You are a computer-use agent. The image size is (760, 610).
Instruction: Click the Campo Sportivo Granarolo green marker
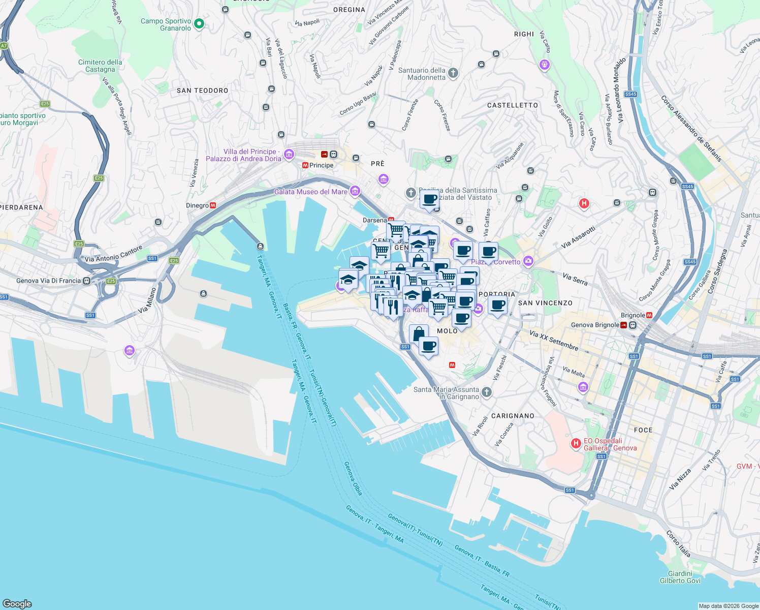pyautogui.click(x=199, y=24)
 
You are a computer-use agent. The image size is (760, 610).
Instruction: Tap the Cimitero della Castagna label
pyautogui.click(x=100, y=66)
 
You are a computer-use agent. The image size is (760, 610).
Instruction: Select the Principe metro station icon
pyautogui.click(x=305, y=165)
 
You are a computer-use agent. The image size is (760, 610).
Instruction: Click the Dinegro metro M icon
pyautogui.click(x=213, y=205)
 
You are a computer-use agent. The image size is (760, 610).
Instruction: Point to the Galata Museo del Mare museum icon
pyautogui.click(x=355, y=191)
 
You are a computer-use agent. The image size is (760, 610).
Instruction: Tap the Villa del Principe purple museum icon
pyautogui.click(x=289, y=155)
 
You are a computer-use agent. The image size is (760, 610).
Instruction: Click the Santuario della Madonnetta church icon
pyautogui.click(x=453, y=74)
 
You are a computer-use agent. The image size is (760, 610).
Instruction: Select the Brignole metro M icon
pyautogui.click(x=649, y=315)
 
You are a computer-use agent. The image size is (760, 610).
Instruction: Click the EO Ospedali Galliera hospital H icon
pyautogui.click(x=576, y=444)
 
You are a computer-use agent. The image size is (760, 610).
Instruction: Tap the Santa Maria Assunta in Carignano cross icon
pyautogui.click(x=487, y=392)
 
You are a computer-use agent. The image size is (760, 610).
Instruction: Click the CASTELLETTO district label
pyautogui.click(x=512, y=105)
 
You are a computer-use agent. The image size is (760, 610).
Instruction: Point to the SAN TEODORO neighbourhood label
pyautogui.click(x=202, y=90)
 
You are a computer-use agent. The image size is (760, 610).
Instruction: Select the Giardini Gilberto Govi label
pyautogui.click(x=680, y=577)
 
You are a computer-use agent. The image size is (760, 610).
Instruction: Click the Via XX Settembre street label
pyautogui.click(x=554, y=340)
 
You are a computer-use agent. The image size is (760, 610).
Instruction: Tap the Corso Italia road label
pyautogui.click(x=678, y=544)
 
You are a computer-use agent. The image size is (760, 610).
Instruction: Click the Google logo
pyautogui.click(x=17, y=603)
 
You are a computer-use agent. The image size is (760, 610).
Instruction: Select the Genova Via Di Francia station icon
pyautogui.click(x=87, y=281)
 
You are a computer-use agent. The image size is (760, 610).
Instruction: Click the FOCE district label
pyautogui.click(x=643, y=430)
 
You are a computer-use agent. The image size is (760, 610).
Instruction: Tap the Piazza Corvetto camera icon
pyautogui.click(x=529, y=261)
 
